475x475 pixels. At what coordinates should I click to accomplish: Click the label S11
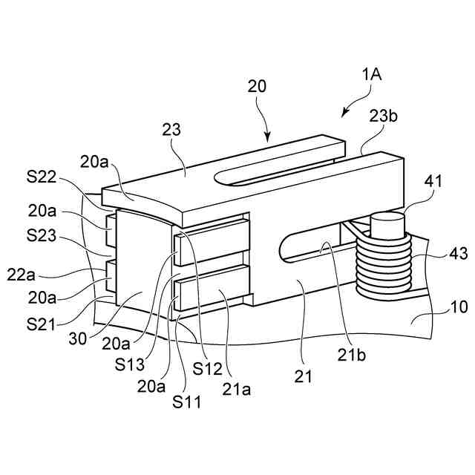tap(187, 403)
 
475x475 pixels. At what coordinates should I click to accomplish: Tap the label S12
tap(209, 367)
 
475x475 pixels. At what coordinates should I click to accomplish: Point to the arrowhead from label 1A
tap(344, 114)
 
